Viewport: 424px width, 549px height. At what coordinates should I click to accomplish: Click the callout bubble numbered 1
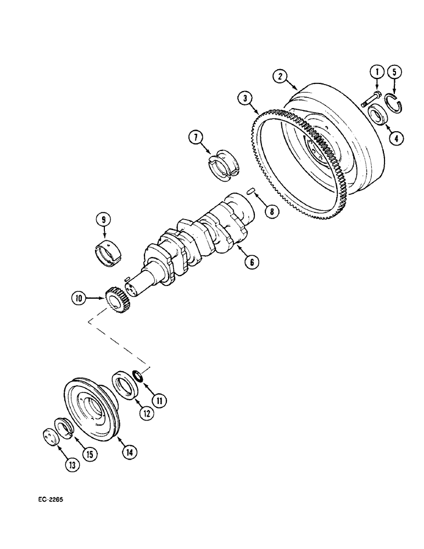coord(376,71)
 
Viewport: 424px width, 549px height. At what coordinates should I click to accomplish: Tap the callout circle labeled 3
coord(245,99)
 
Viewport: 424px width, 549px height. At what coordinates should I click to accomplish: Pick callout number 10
coord(79,298)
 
